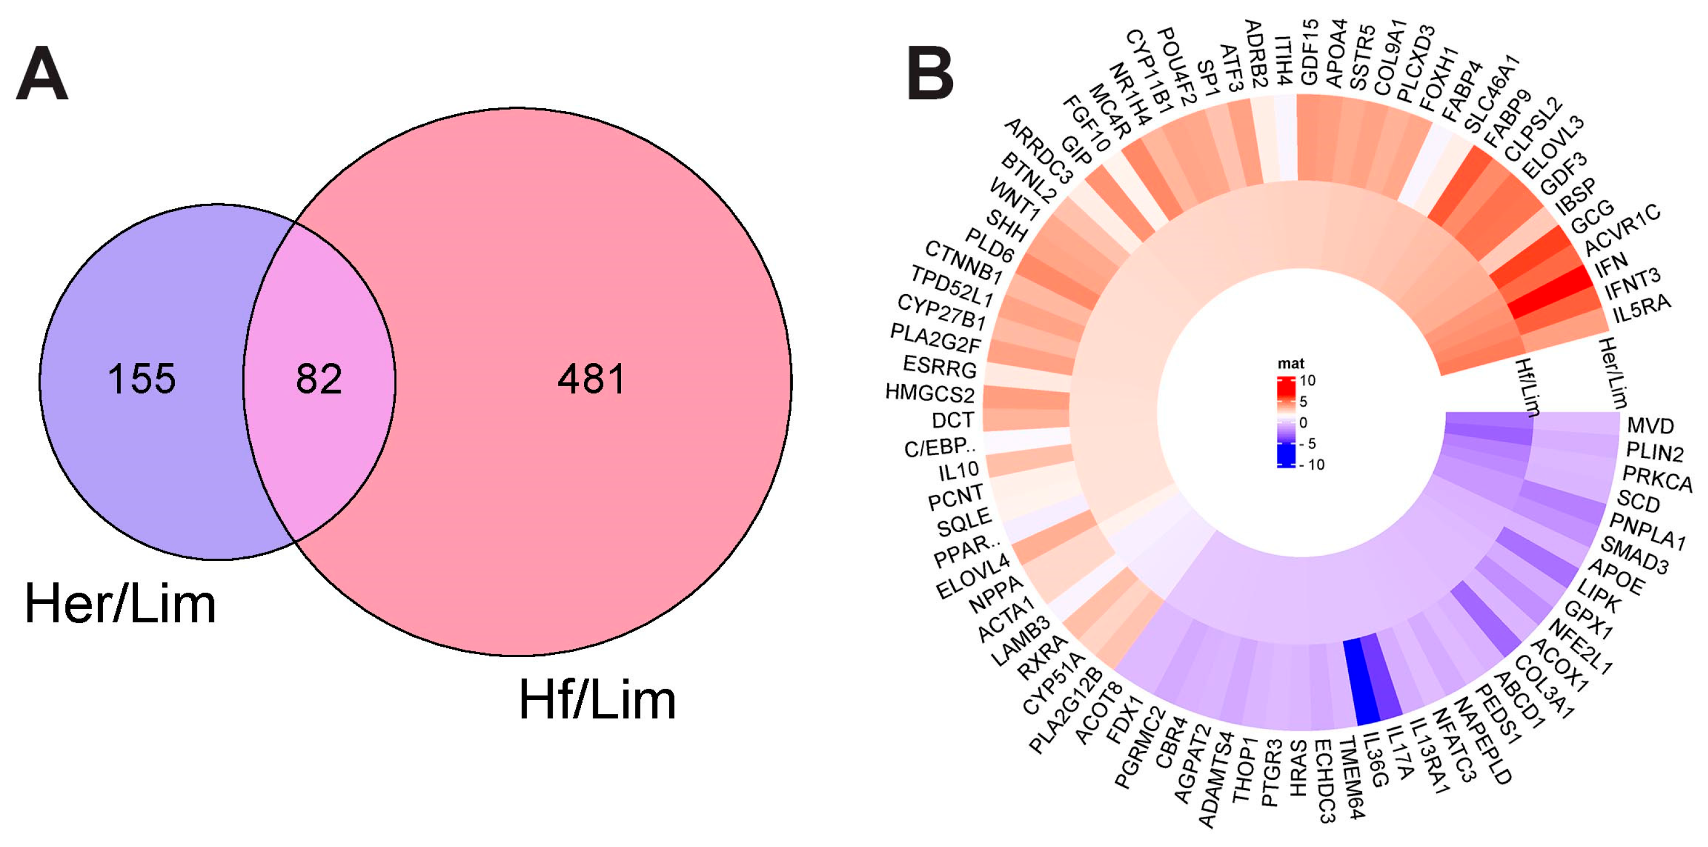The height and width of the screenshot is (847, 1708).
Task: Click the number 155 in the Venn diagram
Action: (142, 379)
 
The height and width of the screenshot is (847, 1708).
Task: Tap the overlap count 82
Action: (319, 379)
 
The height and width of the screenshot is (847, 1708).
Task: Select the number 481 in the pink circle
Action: (592, 379)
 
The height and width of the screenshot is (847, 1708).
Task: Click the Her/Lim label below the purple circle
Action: (120, 604)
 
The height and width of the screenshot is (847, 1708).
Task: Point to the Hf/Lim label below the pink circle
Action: (597, 700)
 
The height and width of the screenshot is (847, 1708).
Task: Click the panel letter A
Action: (42, 74)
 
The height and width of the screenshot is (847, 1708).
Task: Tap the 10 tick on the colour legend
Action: (1307, 380)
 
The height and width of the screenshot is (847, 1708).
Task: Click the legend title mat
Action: (1290, 363)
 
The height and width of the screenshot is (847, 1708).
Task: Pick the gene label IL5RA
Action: (1642, 309)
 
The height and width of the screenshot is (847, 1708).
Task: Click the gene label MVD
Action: (1650, 426)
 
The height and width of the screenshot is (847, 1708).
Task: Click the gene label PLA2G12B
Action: (1065, 711)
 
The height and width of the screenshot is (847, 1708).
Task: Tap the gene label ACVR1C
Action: (1622, 229)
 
